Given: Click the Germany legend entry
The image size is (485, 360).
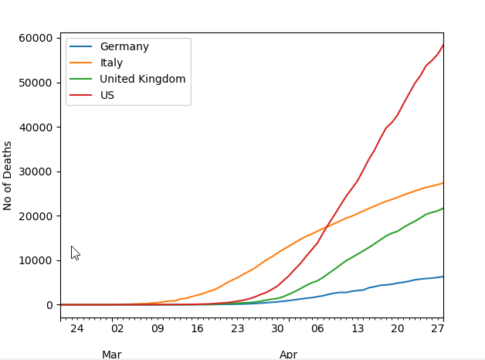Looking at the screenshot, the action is tap(124, 46).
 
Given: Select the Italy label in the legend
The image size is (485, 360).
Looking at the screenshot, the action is tap(111, 63).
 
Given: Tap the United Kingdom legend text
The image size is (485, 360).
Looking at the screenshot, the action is tap(143, 79).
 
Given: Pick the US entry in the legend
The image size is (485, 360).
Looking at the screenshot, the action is tap(107, 95).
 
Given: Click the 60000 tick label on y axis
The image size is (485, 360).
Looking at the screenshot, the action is tap(36, 38).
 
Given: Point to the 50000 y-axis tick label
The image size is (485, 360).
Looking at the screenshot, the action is tap(36, 83).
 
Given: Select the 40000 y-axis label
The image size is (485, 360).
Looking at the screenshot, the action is tap(36, 127).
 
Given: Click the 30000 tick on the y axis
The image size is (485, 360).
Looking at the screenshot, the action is tap(36, 172).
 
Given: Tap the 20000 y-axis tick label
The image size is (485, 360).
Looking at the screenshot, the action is tap(36, 216).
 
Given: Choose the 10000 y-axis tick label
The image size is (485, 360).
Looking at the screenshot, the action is tap(36, 260).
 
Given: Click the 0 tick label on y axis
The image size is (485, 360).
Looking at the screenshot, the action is tap(49, 305).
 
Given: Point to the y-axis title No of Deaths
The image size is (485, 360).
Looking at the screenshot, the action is tap(7, 176).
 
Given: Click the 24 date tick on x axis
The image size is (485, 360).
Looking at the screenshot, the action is tap(76, 328).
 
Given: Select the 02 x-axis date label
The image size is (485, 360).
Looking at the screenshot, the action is tap(117, 328).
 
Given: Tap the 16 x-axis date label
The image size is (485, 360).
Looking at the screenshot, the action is tap(198, 328).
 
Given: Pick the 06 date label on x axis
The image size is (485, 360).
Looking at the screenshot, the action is tap(317, 328).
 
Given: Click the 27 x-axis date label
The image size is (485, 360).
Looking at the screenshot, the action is tap(438, 328).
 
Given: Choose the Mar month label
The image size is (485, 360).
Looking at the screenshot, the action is tap(112, 355).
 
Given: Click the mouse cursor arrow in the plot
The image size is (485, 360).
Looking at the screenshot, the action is tap(75, 253).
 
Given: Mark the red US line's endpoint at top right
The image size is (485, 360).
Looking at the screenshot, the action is tap(443, 45).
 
